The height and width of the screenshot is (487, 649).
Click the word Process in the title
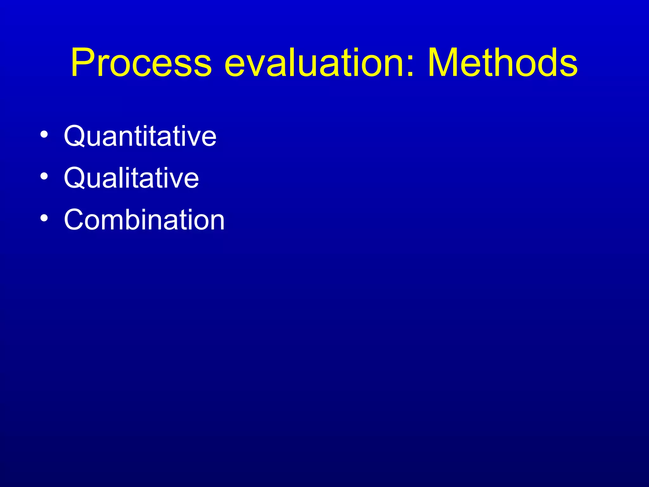[x=141, y=62]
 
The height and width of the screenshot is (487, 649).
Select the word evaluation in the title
[x=314, y=62]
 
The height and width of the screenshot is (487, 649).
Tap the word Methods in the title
[x=503, y=62]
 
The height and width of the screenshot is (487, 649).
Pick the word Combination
[x=144, y=220]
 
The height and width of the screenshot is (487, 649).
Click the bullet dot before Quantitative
[x=44, y=134]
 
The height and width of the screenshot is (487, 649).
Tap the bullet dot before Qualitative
[x=44, y=176]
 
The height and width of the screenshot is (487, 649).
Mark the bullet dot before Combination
[x=44, y=218]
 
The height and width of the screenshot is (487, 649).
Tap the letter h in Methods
[x=500, y=63]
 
